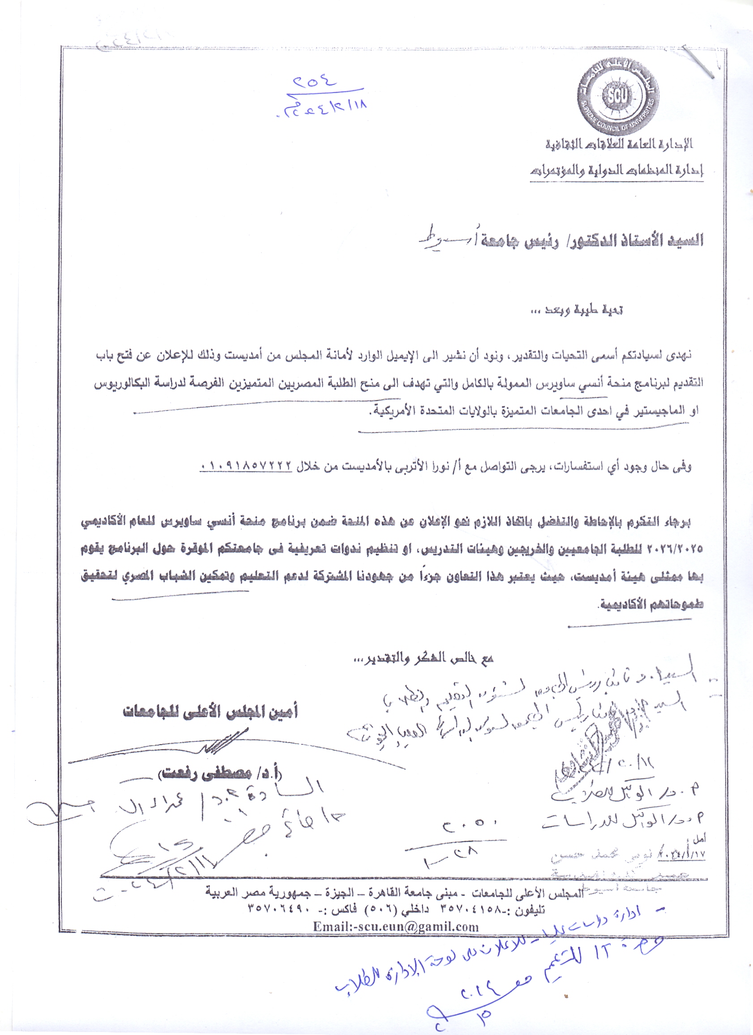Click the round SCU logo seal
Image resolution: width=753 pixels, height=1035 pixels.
[618, 95]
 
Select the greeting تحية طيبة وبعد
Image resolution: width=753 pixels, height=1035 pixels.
[577, 310]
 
